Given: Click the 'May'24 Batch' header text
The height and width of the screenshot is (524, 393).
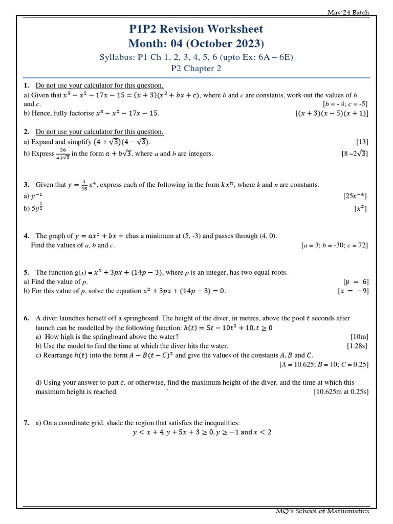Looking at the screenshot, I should [x=348, y=12].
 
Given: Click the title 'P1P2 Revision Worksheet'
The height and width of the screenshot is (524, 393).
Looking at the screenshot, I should [x=196, y=29].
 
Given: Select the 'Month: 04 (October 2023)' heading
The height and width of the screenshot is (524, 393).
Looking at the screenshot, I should [x=196, y=43].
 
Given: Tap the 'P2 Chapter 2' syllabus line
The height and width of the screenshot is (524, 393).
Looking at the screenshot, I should [x=196, y=69].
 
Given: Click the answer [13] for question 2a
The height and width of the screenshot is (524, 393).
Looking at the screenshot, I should [x=362, y=142].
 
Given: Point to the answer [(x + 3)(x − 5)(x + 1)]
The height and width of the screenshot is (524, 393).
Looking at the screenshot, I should [x=332, y=114].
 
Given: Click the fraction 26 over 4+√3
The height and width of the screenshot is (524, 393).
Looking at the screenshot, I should [x=62, y=154].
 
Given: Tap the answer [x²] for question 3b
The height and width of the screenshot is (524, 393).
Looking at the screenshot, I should [x=360, y=209].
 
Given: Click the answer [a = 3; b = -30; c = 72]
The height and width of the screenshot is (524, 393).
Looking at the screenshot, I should [x=334, y=245].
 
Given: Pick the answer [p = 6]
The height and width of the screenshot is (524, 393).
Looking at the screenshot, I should [x=355, y=282].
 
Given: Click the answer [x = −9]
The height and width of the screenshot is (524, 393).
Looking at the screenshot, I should [x=353, y=291].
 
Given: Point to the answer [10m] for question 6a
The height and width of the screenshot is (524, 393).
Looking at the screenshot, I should [x=359, y=337].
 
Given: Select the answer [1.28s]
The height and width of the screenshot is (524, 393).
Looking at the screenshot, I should [x=357, y=346].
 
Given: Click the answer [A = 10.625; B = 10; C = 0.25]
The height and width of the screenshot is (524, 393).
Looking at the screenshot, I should [x=323, y=364].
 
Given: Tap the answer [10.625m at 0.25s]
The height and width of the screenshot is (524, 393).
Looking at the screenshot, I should [x=341, y=392].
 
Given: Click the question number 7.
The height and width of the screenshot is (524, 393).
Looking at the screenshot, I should [x=26, y=423].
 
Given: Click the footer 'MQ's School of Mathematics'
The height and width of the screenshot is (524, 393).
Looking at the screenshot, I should [x=322, y=511].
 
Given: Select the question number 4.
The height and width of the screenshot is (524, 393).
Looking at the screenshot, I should [x=26, y=236].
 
